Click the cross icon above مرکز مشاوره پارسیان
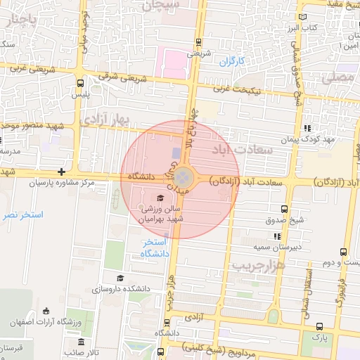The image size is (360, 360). click(62, 172)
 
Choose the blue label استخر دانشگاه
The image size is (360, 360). click(152, 248)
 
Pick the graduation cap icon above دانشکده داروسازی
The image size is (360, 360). click(120, 278)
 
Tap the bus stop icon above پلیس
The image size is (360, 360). click(79, 82)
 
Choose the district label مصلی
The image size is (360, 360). click(338, 78)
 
